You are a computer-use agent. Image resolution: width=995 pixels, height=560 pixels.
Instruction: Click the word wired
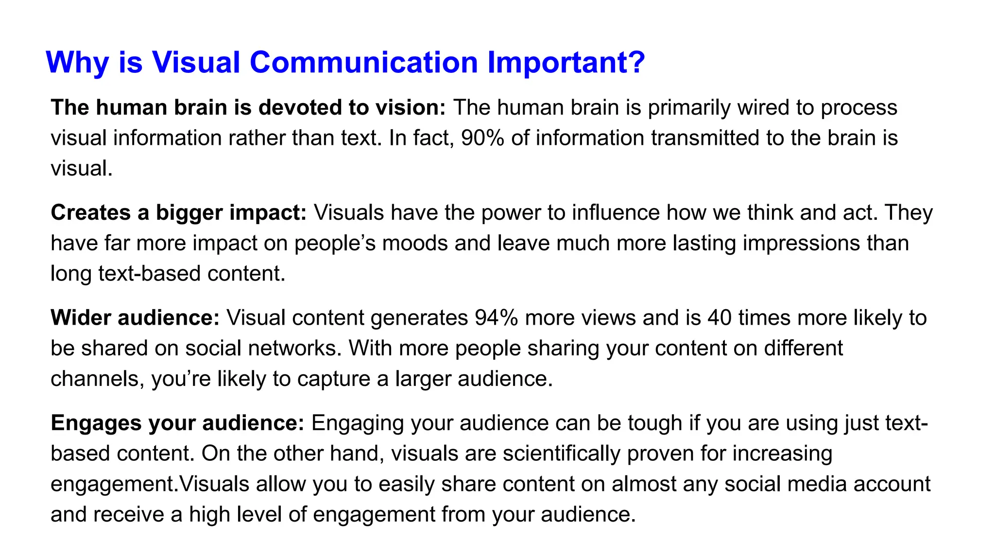click(763, 108)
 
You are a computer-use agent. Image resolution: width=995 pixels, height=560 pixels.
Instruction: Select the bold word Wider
click(81, 318)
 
